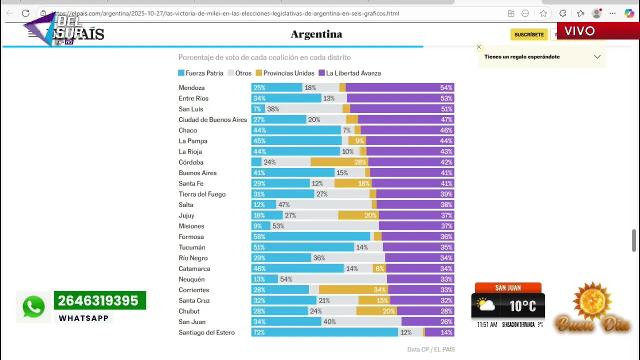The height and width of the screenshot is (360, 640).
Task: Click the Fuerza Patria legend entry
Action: (x=200, y=73)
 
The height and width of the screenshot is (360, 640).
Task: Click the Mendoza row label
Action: (x=191, y=87)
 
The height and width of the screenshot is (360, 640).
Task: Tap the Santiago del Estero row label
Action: (x=206, y=332)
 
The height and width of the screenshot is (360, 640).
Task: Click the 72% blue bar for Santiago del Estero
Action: (x=324, y=332)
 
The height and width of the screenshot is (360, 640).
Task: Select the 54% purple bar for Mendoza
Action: (x=399, y=87)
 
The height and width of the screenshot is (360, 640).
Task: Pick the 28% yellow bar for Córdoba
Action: (x=339, y=162)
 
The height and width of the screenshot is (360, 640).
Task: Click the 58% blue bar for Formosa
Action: (x=310, y=236)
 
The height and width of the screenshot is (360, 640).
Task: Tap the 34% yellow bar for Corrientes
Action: (x=353, y=290)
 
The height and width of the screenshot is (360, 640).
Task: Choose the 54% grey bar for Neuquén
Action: (x=332, y=279)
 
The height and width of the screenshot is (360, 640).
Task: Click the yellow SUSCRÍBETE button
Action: (x=529, y=34)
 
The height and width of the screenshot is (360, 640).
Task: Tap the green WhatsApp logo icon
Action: (x=33, y=306)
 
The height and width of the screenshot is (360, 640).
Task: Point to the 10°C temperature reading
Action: (x=522, y=305)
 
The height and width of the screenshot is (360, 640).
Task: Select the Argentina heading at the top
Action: (x=316, y=34)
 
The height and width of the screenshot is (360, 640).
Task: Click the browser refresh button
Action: (x=26, y=13)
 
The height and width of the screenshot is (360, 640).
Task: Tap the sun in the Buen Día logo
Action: (x=592, y=301)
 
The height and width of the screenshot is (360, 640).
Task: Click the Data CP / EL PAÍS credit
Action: (x=430, y=349)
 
